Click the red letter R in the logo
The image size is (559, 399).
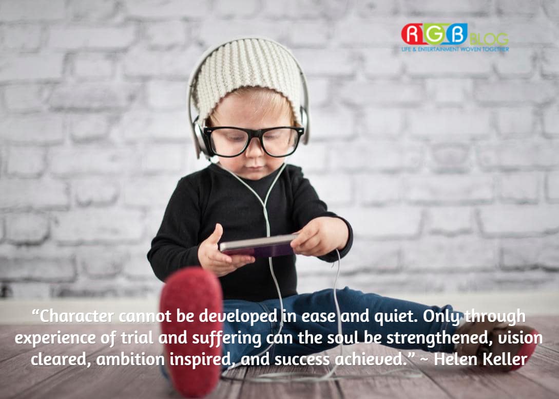point(411,34)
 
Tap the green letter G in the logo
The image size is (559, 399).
point(434,34)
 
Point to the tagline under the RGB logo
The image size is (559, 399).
point(455,49)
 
